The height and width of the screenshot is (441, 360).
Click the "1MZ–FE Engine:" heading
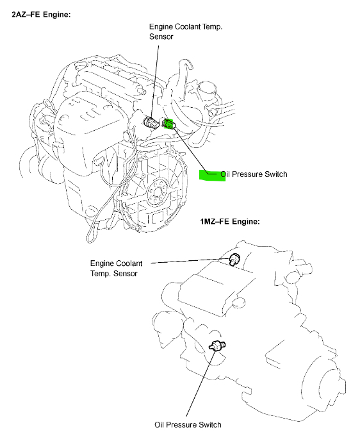pyautogui.click(x=230, y=221)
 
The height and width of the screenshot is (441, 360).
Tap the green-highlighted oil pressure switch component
pyautogui.click(x=169, y=124)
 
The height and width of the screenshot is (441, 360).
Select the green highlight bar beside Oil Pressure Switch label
pyautogui.click(x=211, y=176)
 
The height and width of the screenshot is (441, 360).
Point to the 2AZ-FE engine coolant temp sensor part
pyautogui.click(x=153, y=122)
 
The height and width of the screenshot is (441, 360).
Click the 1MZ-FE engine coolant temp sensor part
pyautogui.click(x=235, y=258)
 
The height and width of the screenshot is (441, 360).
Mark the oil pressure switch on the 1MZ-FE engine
pyautogui.click(x=218, y=346)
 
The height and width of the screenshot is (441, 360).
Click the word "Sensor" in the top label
pyautogui.click(x=163, y=38)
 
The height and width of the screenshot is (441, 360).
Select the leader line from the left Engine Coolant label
pyautogui.click(x=192, y=262)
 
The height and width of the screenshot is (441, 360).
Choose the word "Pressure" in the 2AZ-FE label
pyautogui.click(x=245, y=174)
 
